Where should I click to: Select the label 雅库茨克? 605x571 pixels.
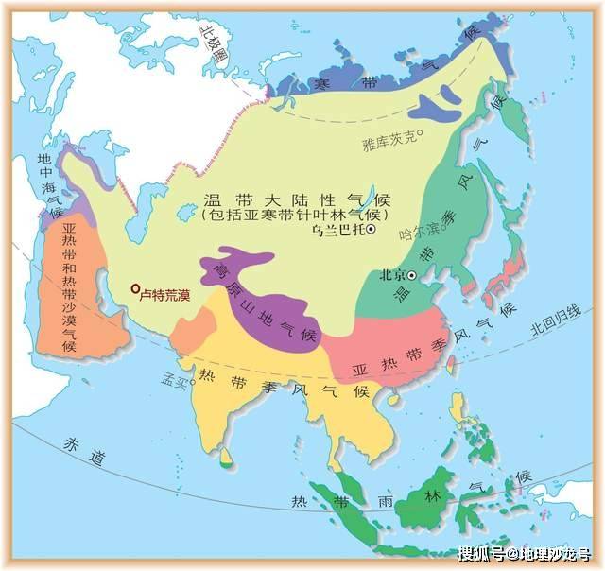tap(389, 143)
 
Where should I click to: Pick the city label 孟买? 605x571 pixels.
tap(174, 380)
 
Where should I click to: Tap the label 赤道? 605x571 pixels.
tap(81, 444)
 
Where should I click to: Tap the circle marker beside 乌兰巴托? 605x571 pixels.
tap(372, 230)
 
